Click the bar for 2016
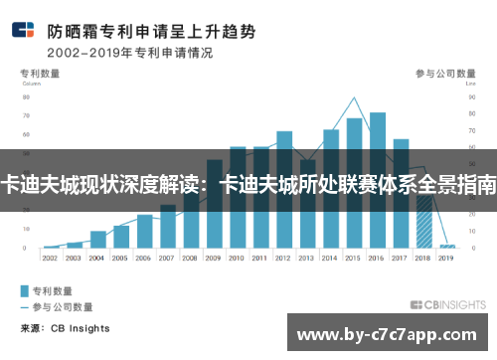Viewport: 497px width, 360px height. click(x=378, y=179)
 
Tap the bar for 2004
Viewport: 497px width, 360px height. click(x=97, y=239)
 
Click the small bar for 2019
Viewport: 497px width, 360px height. click(x=447, y=246)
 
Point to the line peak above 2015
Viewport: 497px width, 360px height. click(x=354, y=97)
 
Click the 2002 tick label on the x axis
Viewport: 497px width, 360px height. click(x=51, y=257)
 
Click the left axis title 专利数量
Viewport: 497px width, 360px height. click(x=41, y=74)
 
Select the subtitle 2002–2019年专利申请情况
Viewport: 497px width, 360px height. click(x=130, y=52)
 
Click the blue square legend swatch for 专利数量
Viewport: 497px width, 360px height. click(x=25, y=291)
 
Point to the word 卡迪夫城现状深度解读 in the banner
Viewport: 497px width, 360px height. click(x=99, y=185)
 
